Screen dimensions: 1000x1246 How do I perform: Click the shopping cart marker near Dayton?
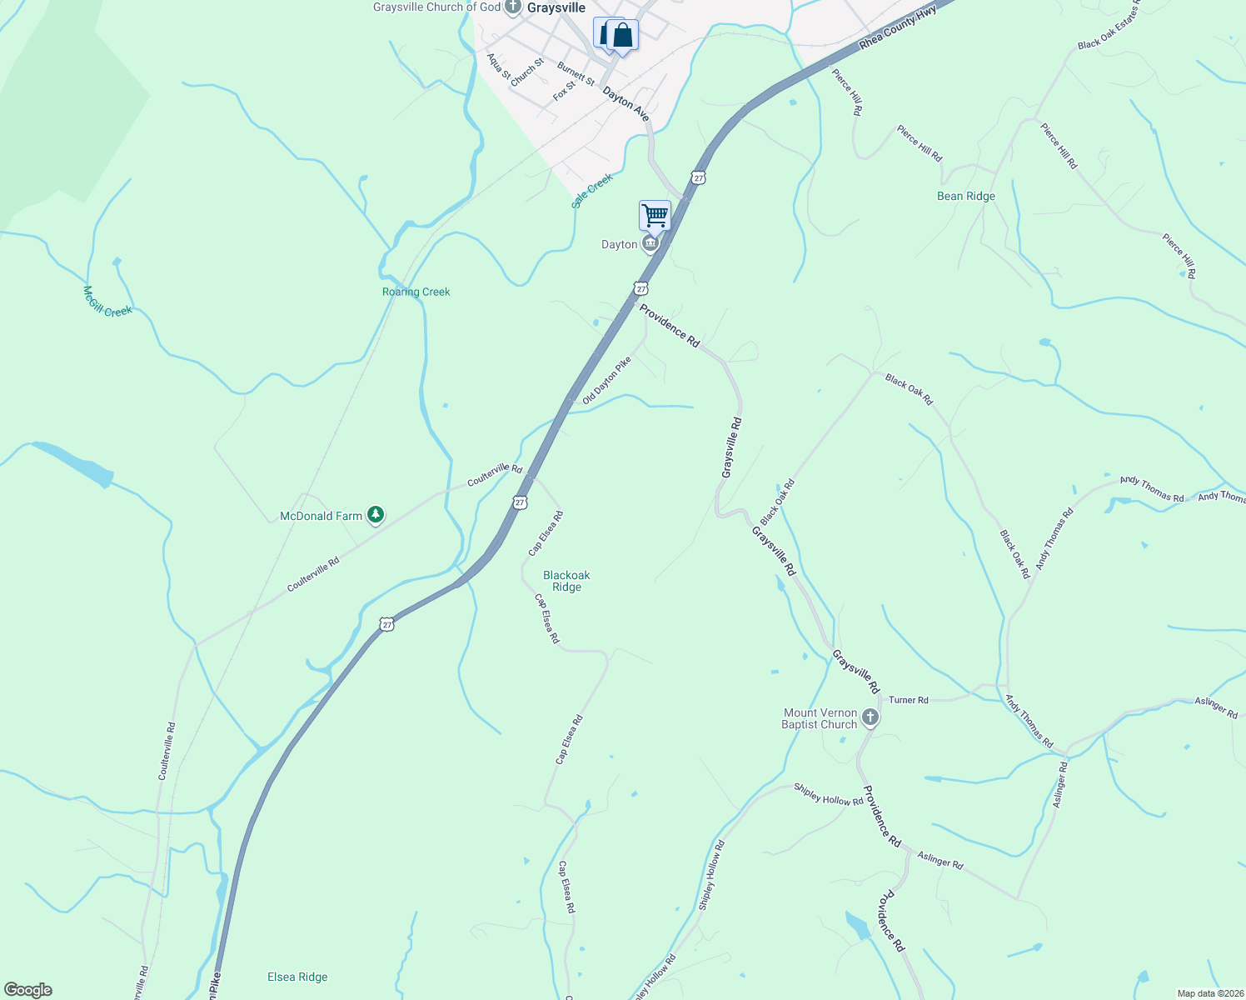(x=655, y=216)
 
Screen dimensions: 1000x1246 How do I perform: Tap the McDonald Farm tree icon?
(x=376, y=516)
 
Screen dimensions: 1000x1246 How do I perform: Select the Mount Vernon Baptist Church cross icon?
(x=870, y=717)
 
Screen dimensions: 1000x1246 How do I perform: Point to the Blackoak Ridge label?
(x=566, y=581)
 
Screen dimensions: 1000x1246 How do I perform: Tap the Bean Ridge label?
(x=966, y=197)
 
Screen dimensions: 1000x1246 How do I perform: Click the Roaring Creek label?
(x=416, y=292)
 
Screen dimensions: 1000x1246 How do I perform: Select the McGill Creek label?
(x=107, y=301)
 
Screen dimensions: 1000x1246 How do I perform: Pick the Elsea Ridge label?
(x=297, y=977)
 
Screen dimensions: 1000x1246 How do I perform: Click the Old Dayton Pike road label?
(x=606, y=381)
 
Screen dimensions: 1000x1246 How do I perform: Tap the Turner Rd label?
(x=908, y=700)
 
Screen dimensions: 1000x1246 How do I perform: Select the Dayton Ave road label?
(x=625, y=105)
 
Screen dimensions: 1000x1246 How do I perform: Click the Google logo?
(x=28, y=990)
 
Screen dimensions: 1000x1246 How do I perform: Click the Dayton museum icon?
(x=650, y=244)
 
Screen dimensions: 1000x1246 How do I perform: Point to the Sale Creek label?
(x=592, y=191)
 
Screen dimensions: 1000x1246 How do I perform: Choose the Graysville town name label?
(x=556, y=7)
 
